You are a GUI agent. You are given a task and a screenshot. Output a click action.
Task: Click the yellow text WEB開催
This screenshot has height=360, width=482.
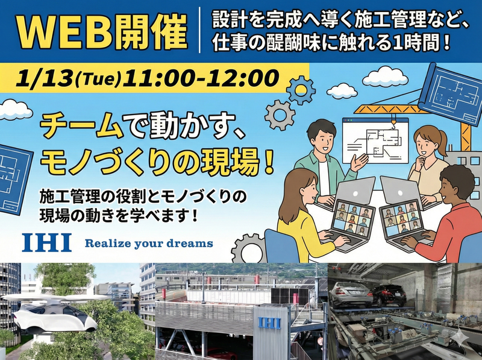point(99,30)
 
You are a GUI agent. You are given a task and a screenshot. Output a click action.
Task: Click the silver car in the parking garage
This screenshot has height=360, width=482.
point(355,292)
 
